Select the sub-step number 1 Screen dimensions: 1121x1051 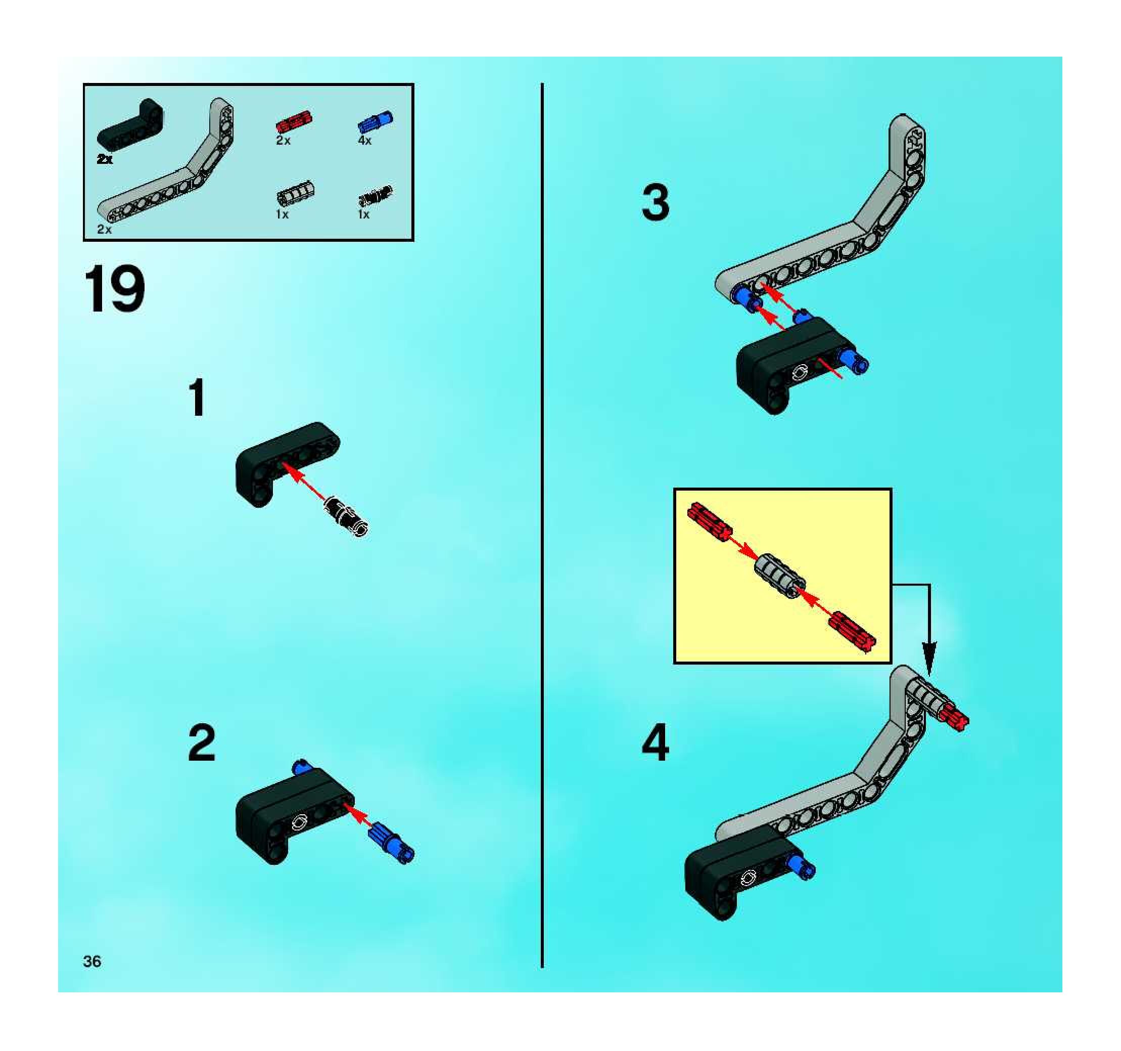197,398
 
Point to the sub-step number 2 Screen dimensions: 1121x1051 201,743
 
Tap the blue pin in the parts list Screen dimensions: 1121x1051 376,122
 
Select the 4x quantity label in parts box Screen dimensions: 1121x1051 365,141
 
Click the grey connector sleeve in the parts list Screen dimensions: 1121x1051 296,195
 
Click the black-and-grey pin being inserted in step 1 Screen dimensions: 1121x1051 347,515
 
